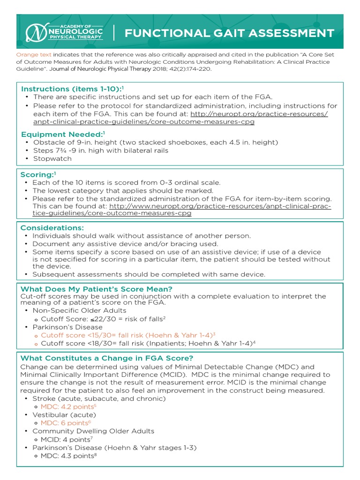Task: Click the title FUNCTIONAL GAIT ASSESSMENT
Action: pyautogui.click(x=229, y=33)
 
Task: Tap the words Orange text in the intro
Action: pyautogui.click(x=34, y=55)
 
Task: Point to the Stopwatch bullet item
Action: pyautogui.click(x=52, y=158)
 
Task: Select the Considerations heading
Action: pyautogui.click(x=52, y=228)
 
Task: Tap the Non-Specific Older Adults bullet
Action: pyautogui.click(x=79, y=310)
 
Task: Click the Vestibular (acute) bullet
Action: pyautogui.click(x=64, y=415)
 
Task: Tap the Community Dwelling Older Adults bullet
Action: pyautogui.click(x=93, y=431)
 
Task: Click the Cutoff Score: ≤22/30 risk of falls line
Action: pyautogui.click(x=103, y=319)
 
